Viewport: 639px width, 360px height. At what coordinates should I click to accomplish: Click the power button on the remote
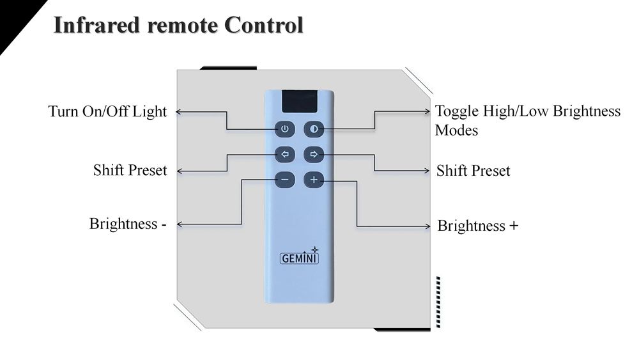(x=285, y=129)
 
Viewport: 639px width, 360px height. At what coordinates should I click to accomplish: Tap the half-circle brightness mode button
(x=314, y=129)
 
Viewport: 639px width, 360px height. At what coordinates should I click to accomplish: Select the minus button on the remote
(x=285, y=180)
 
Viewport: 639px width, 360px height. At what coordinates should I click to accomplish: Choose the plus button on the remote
(x=314, y=180)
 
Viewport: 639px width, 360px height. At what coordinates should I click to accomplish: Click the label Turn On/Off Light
(x=107, y=112)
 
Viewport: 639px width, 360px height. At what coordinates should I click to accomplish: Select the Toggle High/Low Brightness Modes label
(x=527, y=120)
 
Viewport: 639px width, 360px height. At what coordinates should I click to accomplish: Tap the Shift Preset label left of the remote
(x=130, y=170)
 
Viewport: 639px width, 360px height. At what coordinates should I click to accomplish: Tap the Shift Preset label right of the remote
(x=473, y=171)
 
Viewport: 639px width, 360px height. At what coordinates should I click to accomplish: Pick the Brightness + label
(x=478, y=226)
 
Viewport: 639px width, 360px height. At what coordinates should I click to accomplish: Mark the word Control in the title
(x=263, y=26)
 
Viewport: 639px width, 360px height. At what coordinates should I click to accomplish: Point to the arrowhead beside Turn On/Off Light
(x=179, y=112)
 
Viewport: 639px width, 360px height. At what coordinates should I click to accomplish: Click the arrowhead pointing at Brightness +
(x=429, y=226)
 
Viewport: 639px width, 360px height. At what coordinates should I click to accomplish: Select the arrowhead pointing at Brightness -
(x=179, y=224)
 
